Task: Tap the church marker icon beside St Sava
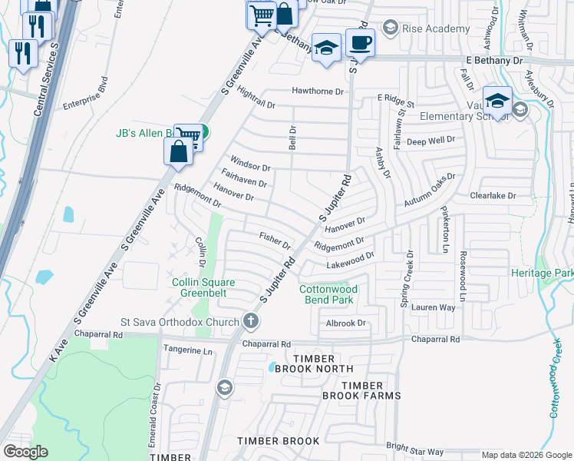[x=250, y=320]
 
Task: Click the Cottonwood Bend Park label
[x=328, y=294]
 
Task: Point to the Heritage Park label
[x=543, y=273]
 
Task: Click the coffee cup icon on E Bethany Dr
[x=359, y=42]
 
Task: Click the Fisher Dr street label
[x=275, y=240]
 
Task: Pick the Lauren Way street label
[x=434, y=307]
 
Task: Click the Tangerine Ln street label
[x=188, y=350]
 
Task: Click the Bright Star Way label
[x=415, y=450]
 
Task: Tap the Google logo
[x=25, y=452]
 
